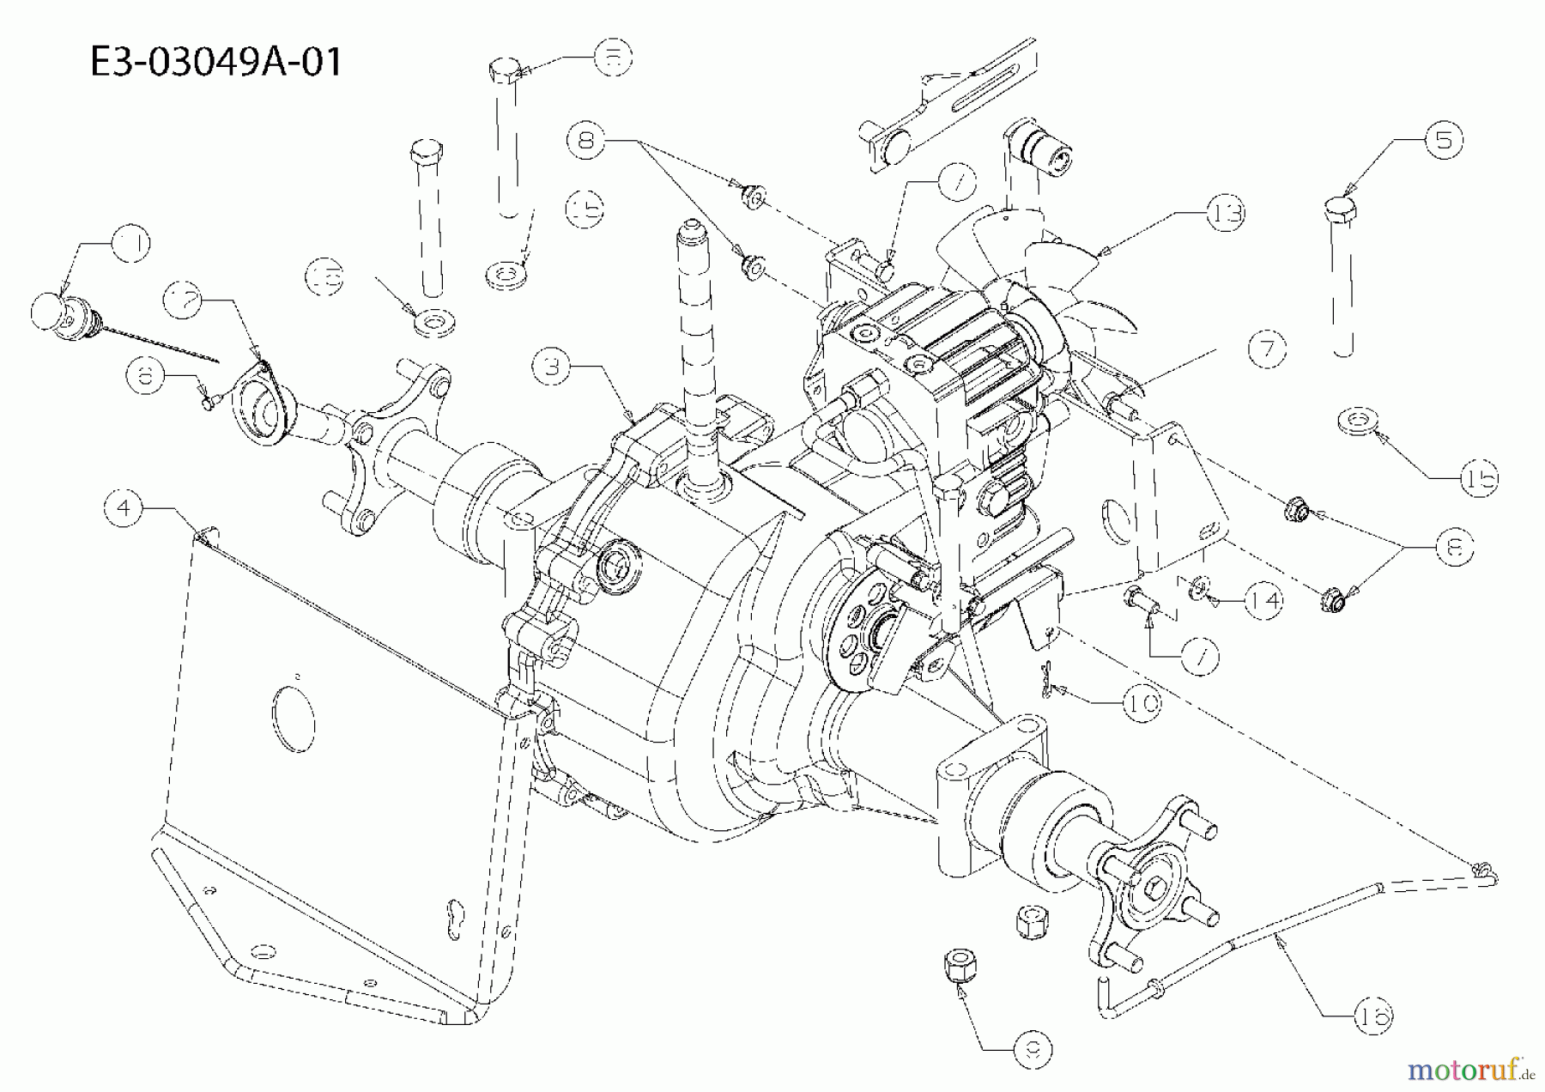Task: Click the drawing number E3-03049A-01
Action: [x=215, y=62]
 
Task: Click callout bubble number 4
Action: [x=124, y=508]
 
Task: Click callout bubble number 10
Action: [x=1142, y=703]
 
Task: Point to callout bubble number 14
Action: [x=1263, y=601]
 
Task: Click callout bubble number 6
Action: [x=147, y=375]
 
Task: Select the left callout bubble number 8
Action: [x=587, y=139]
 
